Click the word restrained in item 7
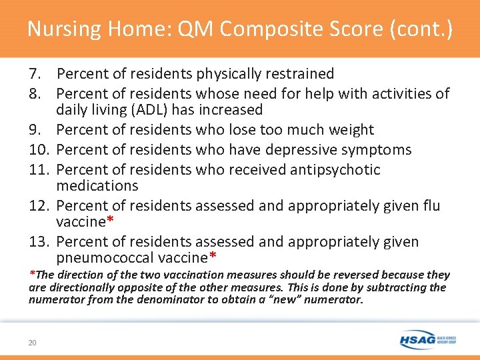tap(301, 73)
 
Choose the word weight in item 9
tap(351, 129)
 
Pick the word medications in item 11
tap(97, 185)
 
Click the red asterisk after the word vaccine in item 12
tap(111, 221)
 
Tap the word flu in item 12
tap(431, 205)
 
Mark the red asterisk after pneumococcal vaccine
tap(213, 257)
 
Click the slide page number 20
tap(32, 343)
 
